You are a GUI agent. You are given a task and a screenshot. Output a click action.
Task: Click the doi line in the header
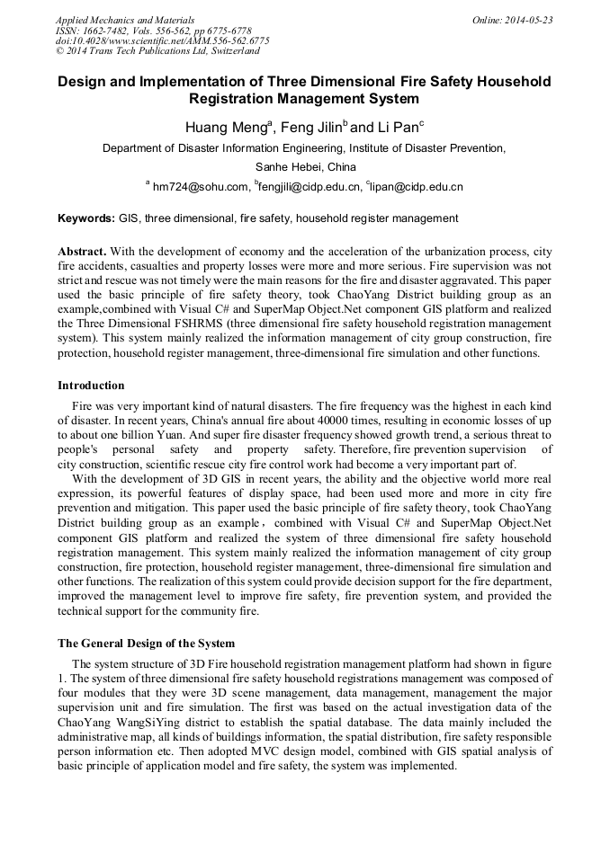click(162, 40)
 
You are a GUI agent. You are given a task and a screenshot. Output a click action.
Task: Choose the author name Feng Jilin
click(309, 128)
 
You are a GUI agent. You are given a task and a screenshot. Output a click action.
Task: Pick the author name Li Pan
click(396, 128)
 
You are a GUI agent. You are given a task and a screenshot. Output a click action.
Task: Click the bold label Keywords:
click(86, 218)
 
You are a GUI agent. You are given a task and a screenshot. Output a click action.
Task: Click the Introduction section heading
click(91, 386)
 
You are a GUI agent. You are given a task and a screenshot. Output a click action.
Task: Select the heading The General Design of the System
click(146, 643)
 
